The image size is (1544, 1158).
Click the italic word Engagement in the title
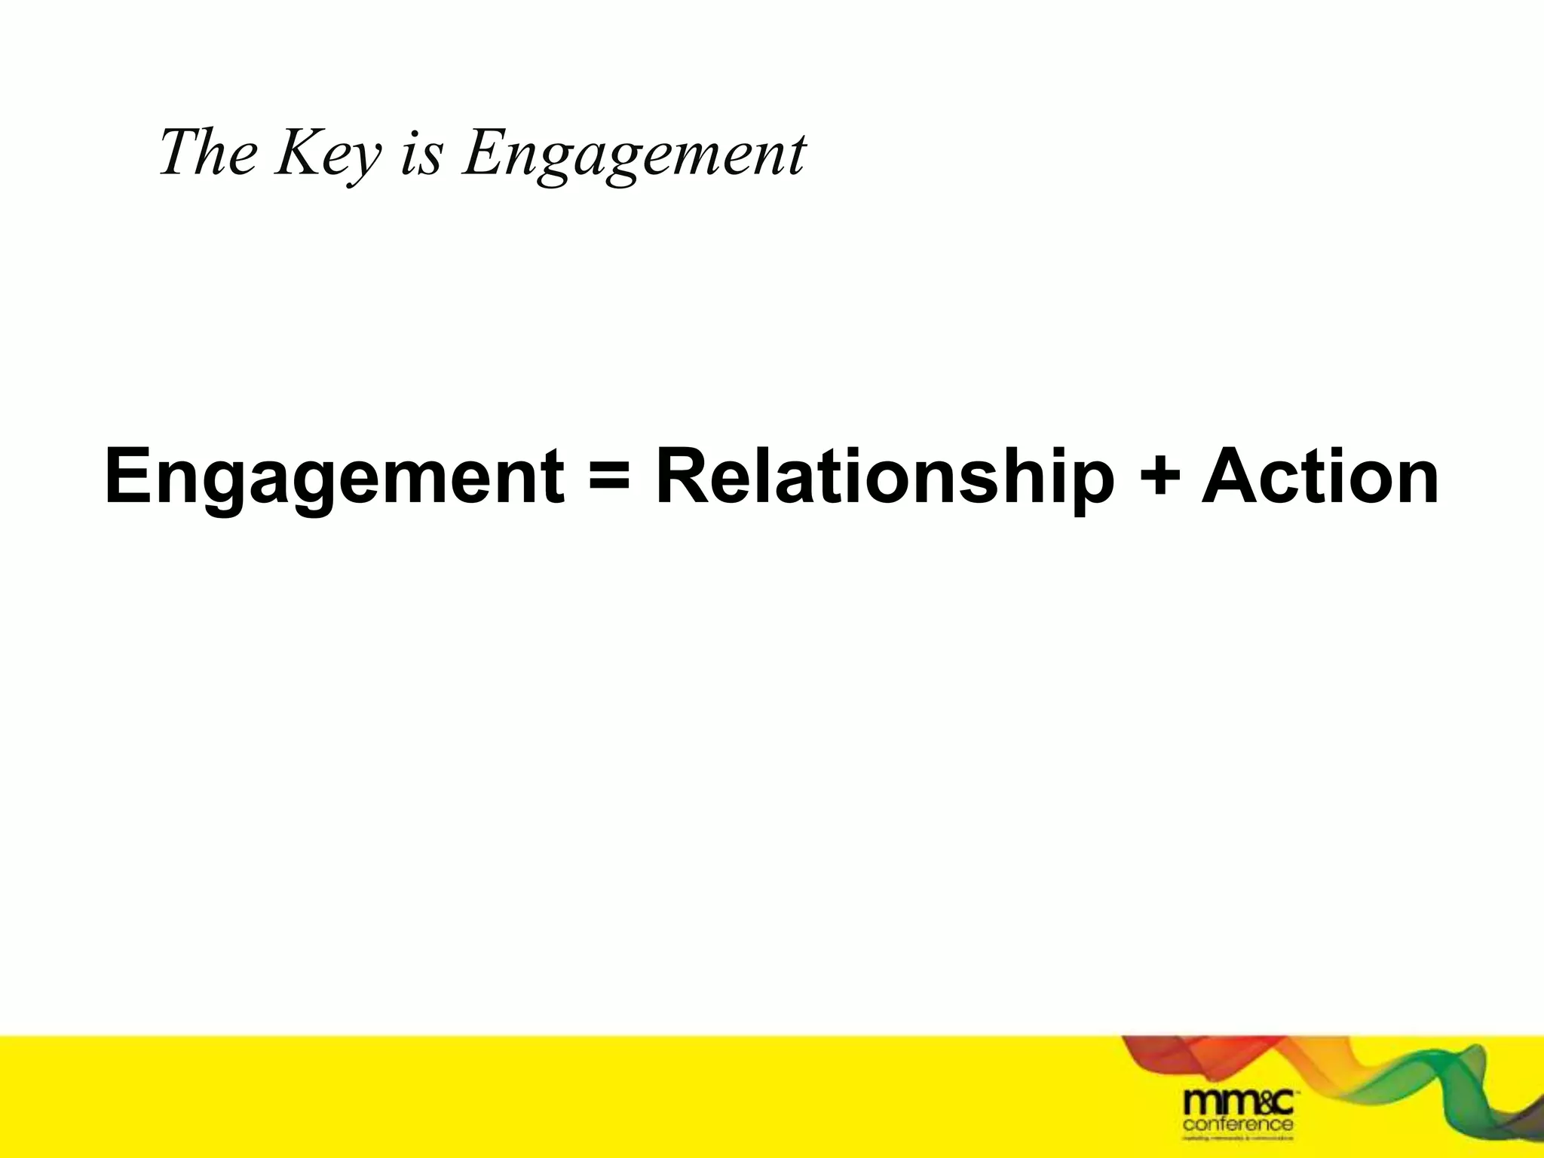point(634,155)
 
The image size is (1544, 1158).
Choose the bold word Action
point(1320,477)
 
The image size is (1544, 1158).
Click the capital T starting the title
point(176,152)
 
